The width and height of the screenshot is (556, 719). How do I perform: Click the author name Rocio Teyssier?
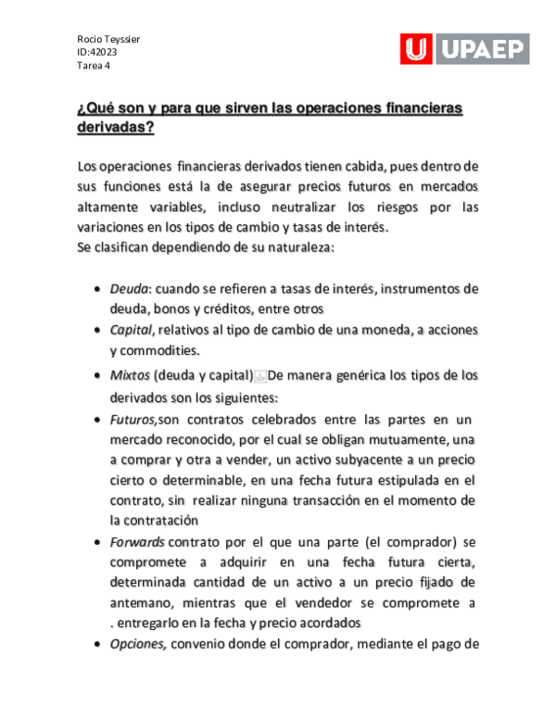(107, 38)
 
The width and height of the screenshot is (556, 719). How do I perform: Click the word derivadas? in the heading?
(115, 129)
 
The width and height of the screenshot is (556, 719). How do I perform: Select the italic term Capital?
(131, 330)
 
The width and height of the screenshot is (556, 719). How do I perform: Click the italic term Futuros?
(133, 420)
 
